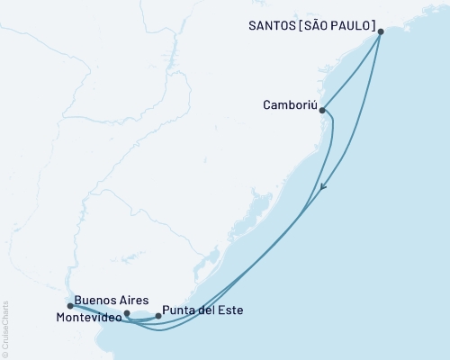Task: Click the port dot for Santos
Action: (381, 31)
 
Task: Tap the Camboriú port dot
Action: (322, 111)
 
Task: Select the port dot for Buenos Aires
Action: (127, 314)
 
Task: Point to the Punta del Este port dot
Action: (159, 316)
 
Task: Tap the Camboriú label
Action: (288, 103)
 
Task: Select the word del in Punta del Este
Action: (210, 311)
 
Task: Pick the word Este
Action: (230, 311)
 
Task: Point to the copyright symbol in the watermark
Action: (5, 352)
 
